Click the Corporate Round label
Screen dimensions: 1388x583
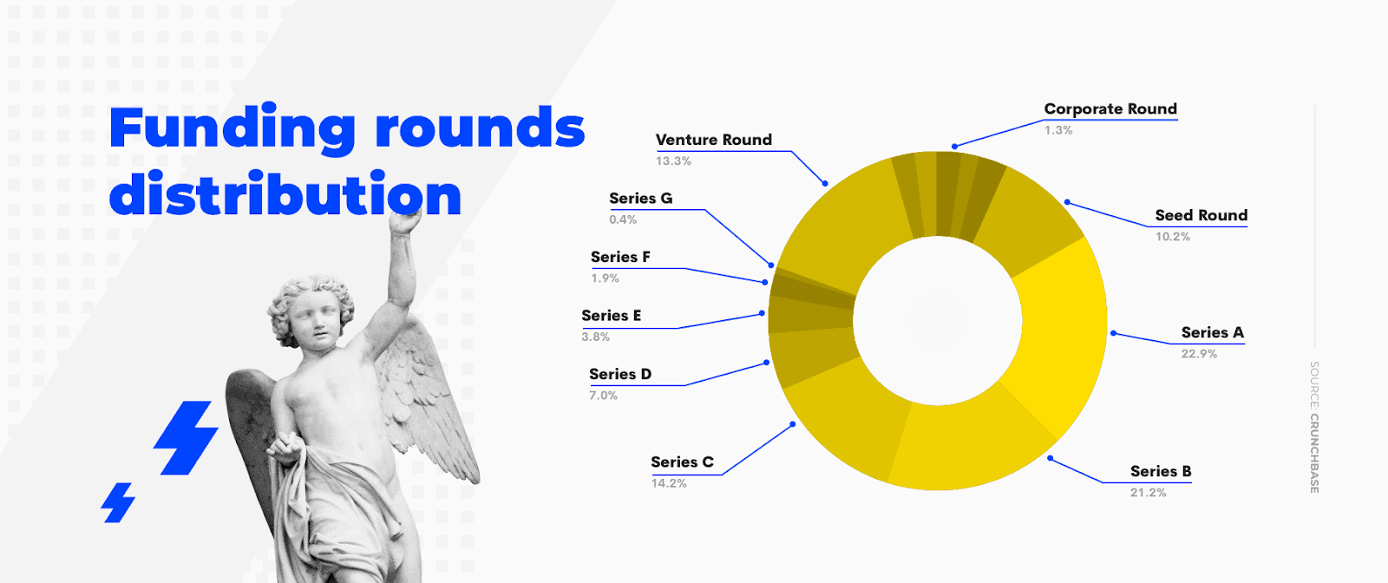[x=1110, y=109]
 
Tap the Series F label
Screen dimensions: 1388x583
[x=620, y=257]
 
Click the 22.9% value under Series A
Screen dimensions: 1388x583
[x=1199, y=354]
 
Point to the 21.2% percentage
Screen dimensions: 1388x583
[x=1149, y=493]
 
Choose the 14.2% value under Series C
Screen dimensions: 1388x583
[x=669, y=483]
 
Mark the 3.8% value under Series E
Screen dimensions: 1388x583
[x=595, y=337]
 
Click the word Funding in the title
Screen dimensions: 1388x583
[x=232, y=129]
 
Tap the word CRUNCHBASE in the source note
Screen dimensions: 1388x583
[x=1314, y=454]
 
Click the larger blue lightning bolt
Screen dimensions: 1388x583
[x=186, y=438]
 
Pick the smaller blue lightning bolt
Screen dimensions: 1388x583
[x=118, y=502]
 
